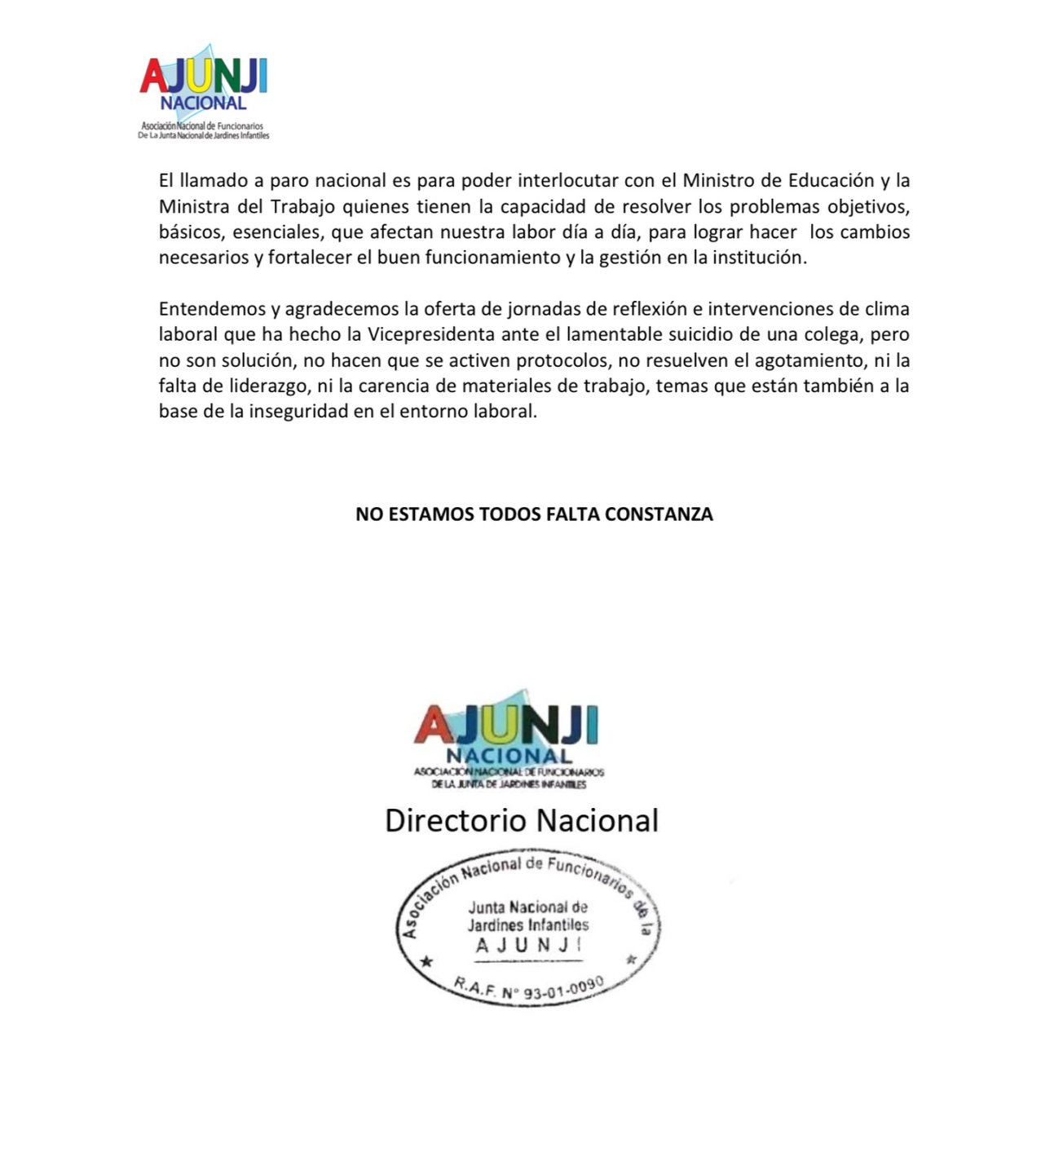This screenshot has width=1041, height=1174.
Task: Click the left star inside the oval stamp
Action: click(x=425, y=963)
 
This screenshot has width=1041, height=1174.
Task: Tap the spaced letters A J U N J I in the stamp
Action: click(x=527, y=946)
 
